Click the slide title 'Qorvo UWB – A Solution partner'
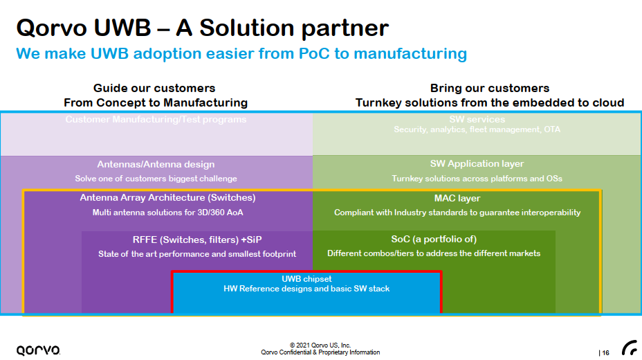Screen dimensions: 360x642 coord(202,28)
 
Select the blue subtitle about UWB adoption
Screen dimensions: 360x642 coord(241,53)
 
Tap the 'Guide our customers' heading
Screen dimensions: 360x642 coord(154,88)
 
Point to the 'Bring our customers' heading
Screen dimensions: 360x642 coord(490,88)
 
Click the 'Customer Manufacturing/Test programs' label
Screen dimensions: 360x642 coord(156,120)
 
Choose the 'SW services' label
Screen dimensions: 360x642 coord(477,120)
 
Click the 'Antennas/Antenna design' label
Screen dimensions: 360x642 coord(156,164)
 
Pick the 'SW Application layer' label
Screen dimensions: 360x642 coord(477,164)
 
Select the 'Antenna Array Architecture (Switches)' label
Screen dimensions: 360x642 coord(167,198)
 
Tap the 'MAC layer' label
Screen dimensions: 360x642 coord(457,199)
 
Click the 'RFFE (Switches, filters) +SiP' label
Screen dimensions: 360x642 coord(197,240)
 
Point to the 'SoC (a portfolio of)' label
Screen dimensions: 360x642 coord(434,240)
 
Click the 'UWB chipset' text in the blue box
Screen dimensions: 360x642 coord(306,279)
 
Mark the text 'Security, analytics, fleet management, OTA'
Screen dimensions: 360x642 coord(477,129)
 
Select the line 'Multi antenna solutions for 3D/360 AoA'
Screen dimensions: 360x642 coord(167,213)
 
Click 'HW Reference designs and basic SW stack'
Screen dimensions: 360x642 coord(306,289)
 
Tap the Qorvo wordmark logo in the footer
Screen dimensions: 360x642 coord(38,350)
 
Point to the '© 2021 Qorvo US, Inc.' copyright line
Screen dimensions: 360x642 coord(320,345)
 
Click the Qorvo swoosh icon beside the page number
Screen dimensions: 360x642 coord(630,348)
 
